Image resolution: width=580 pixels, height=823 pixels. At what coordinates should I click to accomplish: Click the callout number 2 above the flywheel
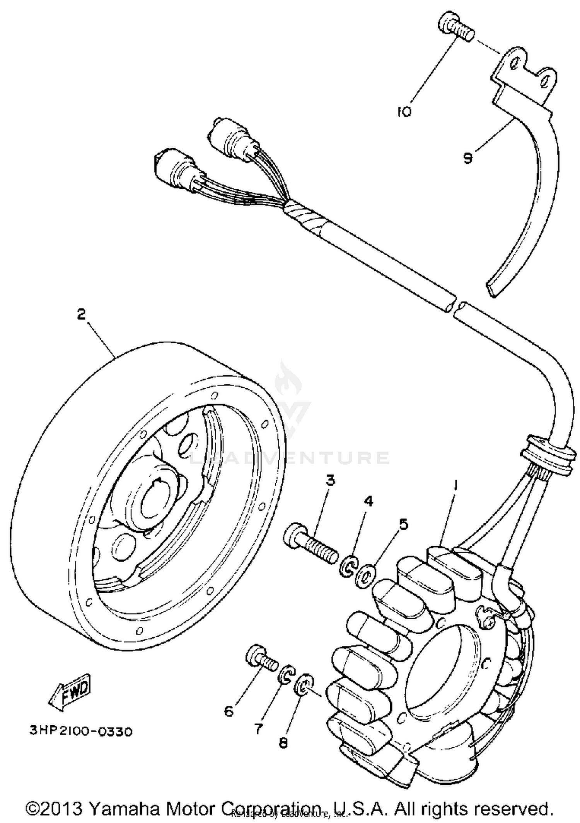pos(81,314)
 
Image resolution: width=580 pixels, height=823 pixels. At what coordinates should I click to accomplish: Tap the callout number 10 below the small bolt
pos(404,112)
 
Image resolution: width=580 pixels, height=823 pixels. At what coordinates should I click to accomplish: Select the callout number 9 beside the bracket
pos(468,158)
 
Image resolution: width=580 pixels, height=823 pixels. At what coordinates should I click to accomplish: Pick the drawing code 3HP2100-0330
pos(81,731)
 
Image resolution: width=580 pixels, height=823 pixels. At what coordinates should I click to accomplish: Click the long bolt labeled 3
pos(311,545)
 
